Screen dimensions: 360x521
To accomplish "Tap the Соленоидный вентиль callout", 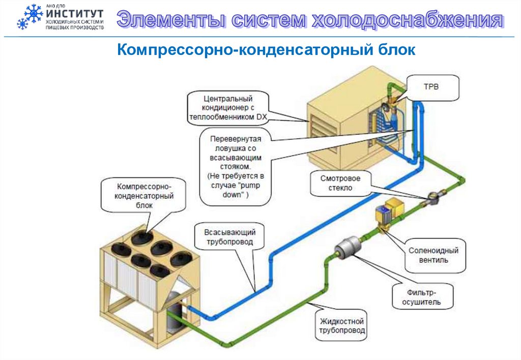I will pos(433,255).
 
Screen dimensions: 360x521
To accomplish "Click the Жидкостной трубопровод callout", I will pos(342,326).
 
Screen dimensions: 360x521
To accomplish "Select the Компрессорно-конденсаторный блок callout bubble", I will pos(144,195).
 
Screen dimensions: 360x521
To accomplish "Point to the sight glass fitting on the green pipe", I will pos(433,197).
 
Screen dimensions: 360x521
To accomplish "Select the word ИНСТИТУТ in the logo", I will pos(74,14).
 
